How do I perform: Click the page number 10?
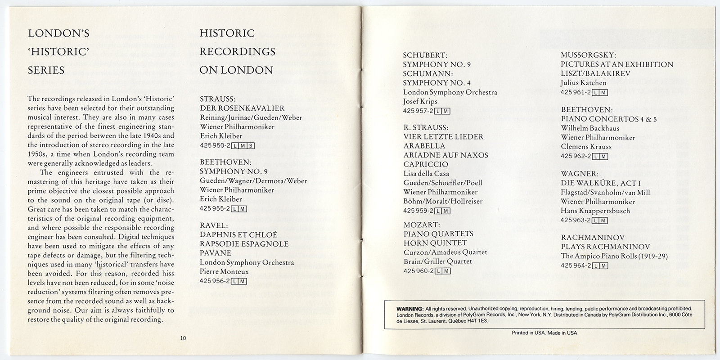click(183, 338)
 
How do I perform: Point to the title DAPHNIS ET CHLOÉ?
click(238, 234)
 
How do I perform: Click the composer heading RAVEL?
click(214, 225)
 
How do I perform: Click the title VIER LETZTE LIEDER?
click(443, 137)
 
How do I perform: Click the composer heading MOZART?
click(421, 225)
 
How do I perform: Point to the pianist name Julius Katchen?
click(583, 83)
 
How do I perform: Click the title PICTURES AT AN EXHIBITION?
click(617, 64)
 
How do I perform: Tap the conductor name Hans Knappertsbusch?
click(595, 211)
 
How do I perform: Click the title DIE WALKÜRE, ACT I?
click(600, 183)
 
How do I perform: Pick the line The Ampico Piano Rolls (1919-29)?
click(614, 256)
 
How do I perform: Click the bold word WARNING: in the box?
click(409, 309)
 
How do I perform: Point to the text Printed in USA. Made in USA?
click(544, 333)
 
